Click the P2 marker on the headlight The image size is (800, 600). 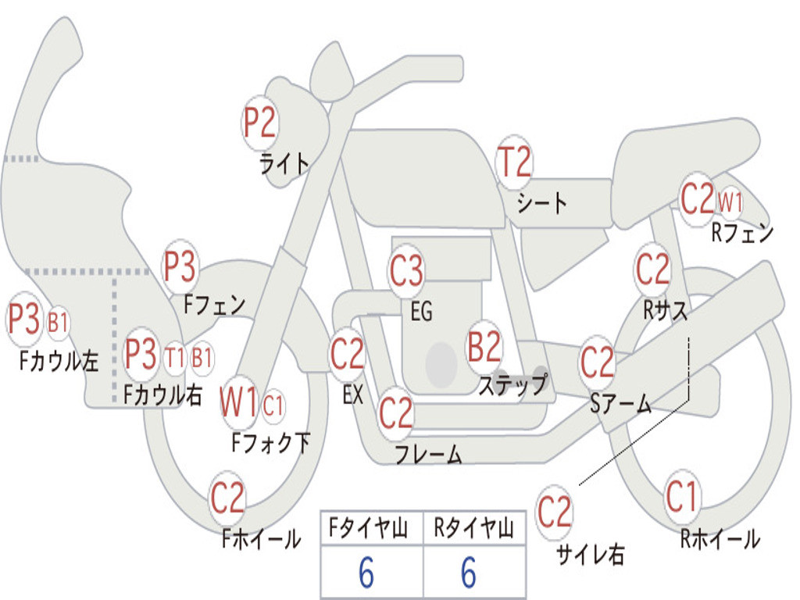pos(260,124)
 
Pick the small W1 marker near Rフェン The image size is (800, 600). pos(730,202)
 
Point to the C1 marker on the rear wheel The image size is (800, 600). pos(681,496)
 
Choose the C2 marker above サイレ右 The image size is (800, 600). pos(555,512)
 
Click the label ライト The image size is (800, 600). pos(284,163)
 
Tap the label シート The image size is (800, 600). pos(541,204)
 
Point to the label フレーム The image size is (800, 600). pos(428,454)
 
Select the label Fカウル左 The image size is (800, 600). pos(59,360)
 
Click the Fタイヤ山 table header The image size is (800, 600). pos(371,529)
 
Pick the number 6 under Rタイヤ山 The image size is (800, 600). pos(469,574)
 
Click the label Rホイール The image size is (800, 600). pos(720,539)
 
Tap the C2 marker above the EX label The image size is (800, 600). pos(348,355)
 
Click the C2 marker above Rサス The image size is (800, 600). pos(652,270)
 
